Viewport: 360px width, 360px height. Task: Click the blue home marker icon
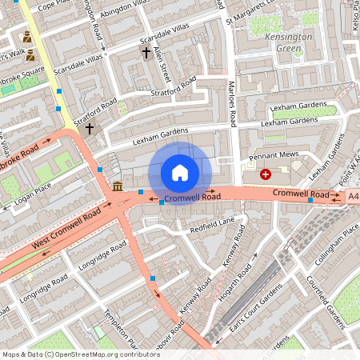tap(180, 173)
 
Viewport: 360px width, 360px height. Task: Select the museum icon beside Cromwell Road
tap(118, 186)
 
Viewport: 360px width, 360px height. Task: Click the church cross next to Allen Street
tap(146, 53)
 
